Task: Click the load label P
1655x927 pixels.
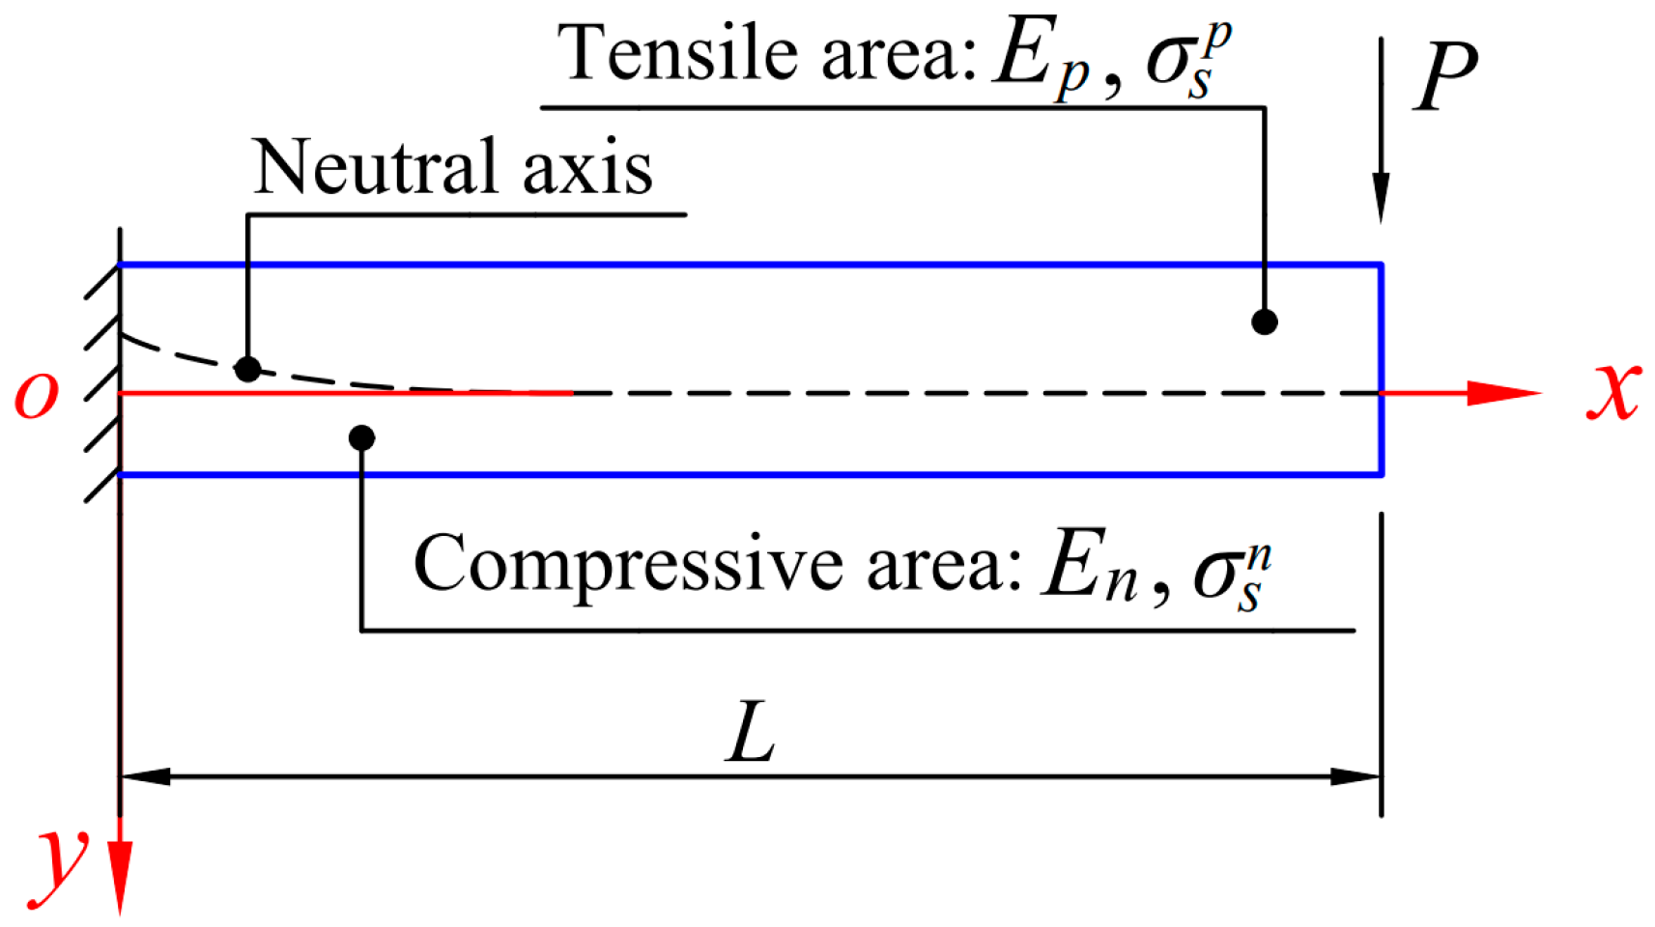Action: pos(1445,77)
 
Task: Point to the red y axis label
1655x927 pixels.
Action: pos(61,859)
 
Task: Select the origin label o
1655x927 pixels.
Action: pos(37,394)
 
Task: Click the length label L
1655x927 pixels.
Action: pos(751,734)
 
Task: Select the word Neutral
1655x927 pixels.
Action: pos(377,167)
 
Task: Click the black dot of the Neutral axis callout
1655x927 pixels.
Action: pos(247,368)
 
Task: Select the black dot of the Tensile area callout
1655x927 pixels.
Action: pos(1264,322)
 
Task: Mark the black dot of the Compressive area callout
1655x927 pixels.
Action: pos(361,437)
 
